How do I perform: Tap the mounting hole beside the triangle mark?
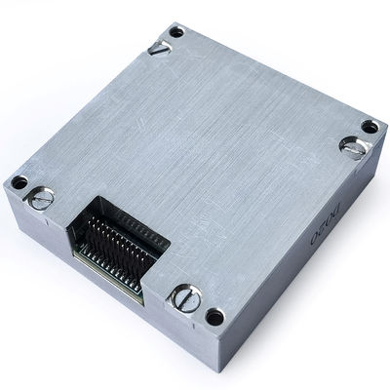pyautogui.click(x=176, y=31)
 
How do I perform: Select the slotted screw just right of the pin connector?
pyautogui.click(x=186, y=297)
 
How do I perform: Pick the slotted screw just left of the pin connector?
pyautogui.click(x=42, y=199)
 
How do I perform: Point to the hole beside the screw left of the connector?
pyautogui.click(x=19, y=182)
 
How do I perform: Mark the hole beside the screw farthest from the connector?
pyautogui.click(x=370, y=127)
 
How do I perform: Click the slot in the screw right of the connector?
pyautogui.click(x=186, y=297)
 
